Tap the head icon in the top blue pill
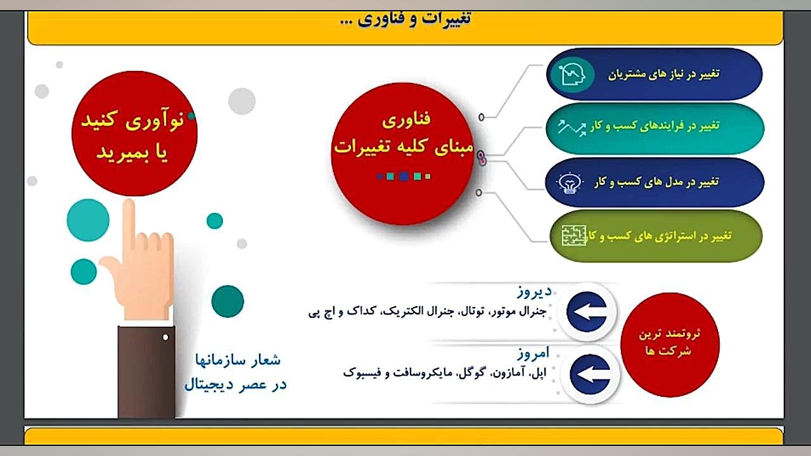tap(572, 75)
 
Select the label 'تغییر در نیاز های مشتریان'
tap(663, 74)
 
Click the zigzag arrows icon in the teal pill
tap(572, 128)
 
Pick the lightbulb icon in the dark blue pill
tap(570, 183)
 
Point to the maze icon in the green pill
tap(574, 236)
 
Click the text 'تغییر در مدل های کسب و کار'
tap(656, 182)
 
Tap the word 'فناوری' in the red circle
tap(406, 120)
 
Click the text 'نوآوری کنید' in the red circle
tap(132, 120)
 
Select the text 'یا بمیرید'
tap(132, 153)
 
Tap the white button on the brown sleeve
tap(165, 338)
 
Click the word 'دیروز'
tap(534, 292)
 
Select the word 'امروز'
tap(533, 353)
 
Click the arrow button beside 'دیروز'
tap(587, 312)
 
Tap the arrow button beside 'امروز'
tap(590, 374)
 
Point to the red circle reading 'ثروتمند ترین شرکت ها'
tap(670, 345)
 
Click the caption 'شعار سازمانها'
tap(238, 360)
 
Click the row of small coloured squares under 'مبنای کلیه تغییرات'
tap(404, 176)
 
